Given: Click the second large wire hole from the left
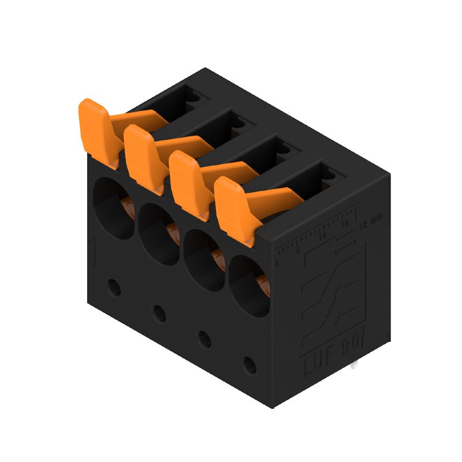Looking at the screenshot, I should click(158, 234).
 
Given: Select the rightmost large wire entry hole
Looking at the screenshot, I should click(248, 287).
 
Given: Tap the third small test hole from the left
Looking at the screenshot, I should click(204, 339).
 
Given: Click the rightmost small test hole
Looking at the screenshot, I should click(249, 365).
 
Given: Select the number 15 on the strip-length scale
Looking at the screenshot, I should click(345, 223).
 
